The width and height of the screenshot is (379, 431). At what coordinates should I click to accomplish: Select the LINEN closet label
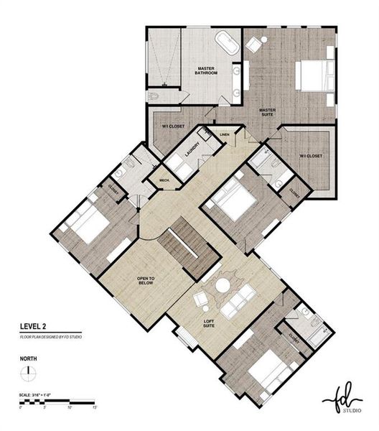(x=225, y=134)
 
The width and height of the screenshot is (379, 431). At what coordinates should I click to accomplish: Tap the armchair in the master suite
(x=254, y=44)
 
